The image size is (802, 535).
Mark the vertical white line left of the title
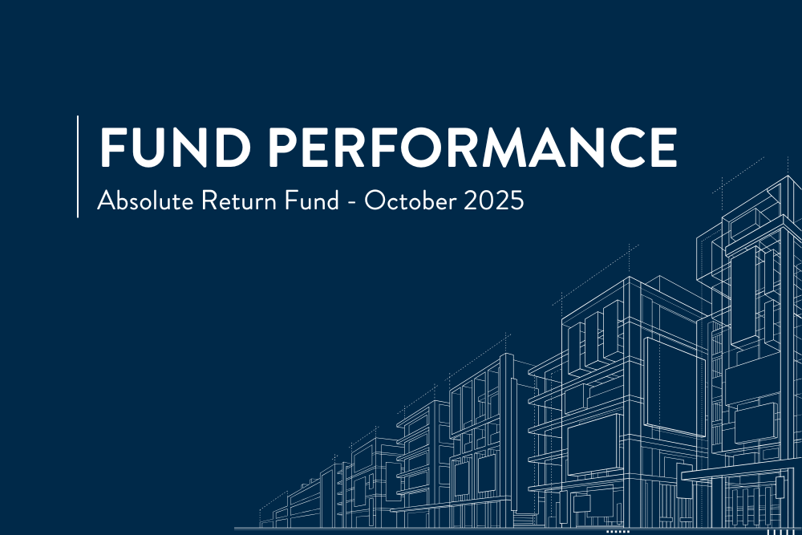pyautogui.click(x=78, y=166)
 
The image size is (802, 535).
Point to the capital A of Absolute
pyautogui.click(x=104, y=201)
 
